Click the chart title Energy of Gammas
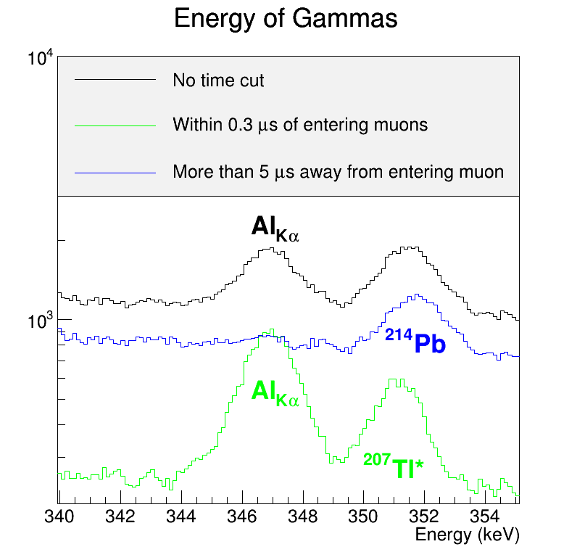coord(286,19)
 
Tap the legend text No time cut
coord(218,80)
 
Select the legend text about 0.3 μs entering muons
coord(300,125)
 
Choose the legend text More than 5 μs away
coord(338,173)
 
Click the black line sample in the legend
coord(115,79)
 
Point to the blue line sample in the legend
coord(115,173)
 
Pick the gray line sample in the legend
coord(115,125)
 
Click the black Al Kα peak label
coord(275,228)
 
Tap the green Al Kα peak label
coord(275,393)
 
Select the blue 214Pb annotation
coord(415,342)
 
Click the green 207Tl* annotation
coord(393,466)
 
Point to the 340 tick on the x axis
coord(59,516)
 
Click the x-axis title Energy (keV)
coord(467,535)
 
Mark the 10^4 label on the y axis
coord(41,58)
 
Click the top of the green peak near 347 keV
coord(272,330)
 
